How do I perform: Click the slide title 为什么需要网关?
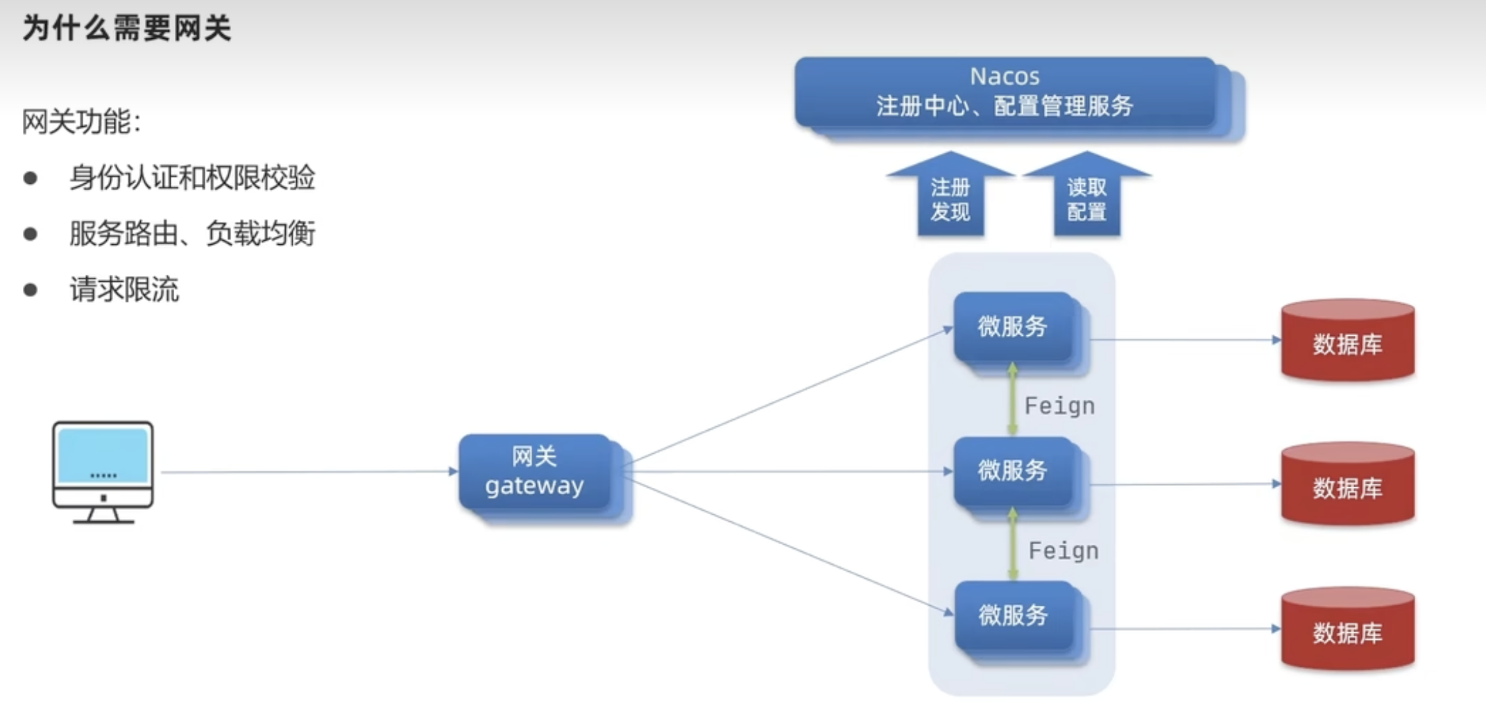click(126, 29)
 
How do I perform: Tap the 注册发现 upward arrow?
click(950, 197)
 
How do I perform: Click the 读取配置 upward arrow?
click(1086, 197)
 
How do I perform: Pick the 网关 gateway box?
click(535, 472)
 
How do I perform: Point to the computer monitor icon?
click(103, 471)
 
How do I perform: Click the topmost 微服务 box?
click(1012, 327)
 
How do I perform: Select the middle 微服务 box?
click(1012, 471)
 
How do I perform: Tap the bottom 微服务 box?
click(1013, 616)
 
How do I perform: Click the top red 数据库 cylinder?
click(1347, 341)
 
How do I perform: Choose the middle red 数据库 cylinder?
click(1347, 485)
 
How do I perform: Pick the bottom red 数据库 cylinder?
click(1347, 629)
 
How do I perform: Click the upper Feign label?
click(1059, 406)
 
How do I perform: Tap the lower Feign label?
click(1064, 551)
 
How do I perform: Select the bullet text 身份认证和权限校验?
click(192, 178)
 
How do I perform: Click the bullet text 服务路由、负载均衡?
click(192, 233)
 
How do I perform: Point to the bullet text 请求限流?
click(124, 289)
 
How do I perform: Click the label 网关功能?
click(81, 122)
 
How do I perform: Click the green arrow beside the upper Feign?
click(1012, 400)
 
